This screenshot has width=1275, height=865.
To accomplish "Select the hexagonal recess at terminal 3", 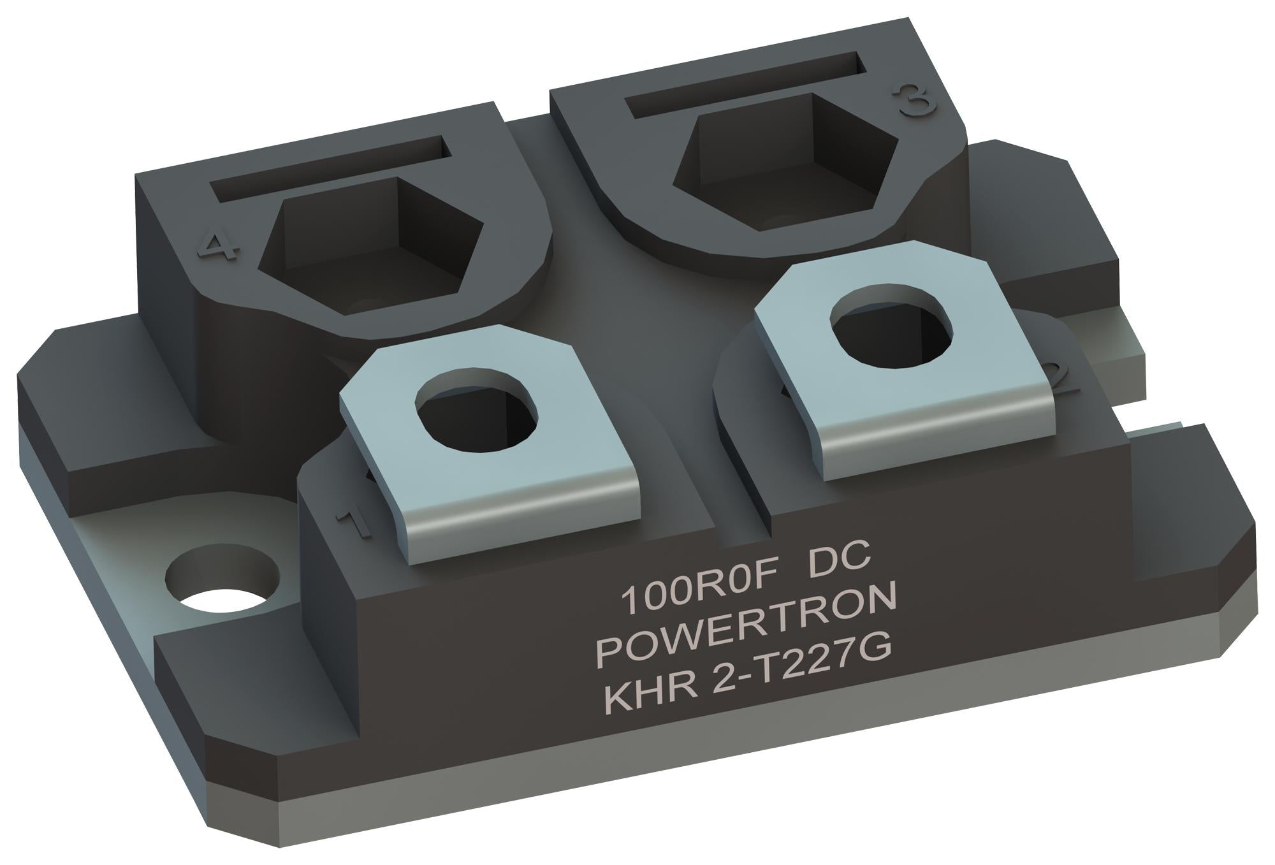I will pyautogui.click(x=784, y=156).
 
